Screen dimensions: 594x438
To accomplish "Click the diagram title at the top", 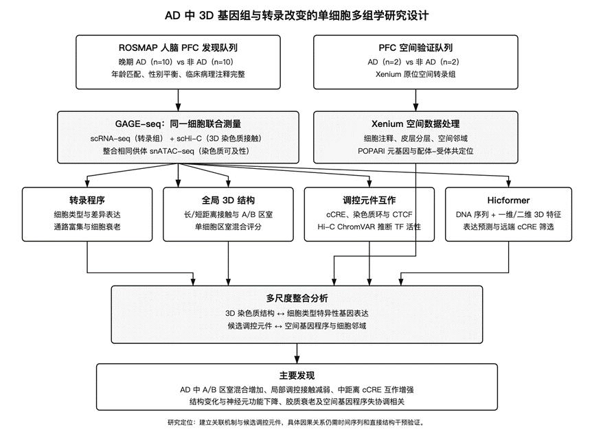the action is tap(297, 16).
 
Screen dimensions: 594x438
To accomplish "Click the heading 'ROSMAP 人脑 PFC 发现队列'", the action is tap(178, 47).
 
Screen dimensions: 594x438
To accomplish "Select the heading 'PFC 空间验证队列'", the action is tap(415, 47).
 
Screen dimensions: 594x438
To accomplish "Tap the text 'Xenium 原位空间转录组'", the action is tap(415, 74).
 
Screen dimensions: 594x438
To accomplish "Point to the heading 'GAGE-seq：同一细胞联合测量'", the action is tap(178, 124).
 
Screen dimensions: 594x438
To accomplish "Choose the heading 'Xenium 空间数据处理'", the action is tap(415, 124).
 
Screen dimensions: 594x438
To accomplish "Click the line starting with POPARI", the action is tap(415, 151).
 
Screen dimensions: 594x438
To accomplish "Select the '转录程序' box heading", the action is tap(87, 200).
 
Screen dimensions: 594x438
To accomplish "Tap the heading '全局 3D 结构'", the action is tap(228, 200).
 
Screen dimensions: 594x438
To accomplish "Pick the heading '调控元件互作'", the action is tap(369, 200).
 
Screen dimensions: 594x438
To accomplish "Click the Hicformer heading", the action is tap(508, 200).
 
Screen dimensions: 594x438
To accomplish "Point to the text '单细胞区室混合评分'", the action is tap(228, 227).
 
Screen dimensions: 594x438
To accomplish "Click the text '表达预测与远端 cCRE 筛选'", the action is tap(508, 227).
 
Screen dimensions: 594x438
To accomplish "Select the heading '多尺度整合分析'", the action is tap(297, 299).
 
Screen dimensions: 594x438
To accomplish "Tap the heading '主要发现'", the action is tap(297, 376).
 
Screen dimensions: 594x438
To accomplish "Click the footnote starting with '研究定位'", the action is tap(297, 422).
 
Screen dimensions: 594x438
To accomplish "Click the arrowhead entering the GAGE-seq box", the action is tap(178, 107).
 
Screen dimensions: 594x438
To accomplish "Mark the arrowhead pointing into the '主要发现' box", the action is tap(297, 360).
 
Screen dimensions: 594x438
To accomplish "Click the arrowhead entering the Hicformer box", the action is tap(508, 183).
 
